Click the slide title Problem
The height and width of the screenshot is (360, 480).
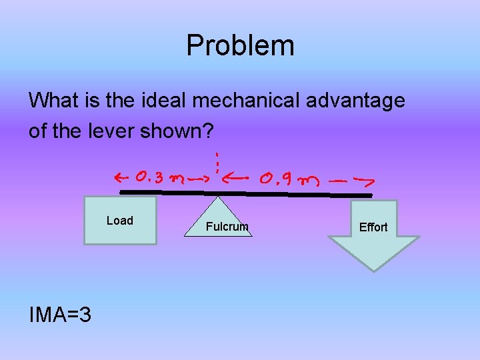[240, 45]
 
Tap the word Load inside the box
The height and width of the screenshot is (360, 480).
[120, 221]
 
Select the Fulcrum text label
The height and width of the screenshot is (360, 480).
[227, 227]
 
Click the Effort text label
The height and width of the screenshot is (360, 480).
[373, 227]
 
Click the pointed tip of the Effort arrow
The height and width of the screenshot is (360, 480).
[374, 269]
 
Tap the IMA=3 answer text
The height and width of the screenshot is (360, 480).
[60, 313]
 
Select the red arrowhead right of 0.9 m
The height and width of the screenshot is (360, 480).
[367, 180]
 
